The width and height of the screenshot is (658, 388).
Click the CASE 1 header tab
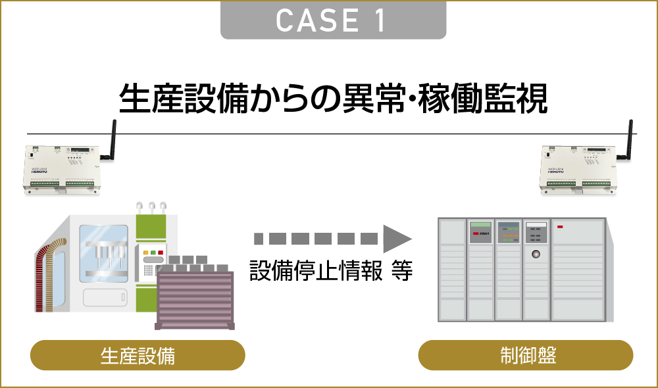[333, 20]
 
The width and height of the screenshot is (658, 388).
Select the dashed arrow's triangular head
[396, 237]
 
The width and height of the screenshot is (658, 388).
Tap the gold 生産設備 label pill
[138, 355]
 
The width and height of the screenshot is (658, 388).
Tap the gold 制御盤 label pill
[526, 355]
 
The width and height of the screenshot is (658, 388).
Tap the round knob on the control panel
[536, 254]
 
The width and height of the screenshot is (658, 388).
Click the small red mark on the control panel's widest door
[561, 228]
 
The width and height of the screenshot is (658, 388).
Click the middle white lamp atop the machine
[151, 206]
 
